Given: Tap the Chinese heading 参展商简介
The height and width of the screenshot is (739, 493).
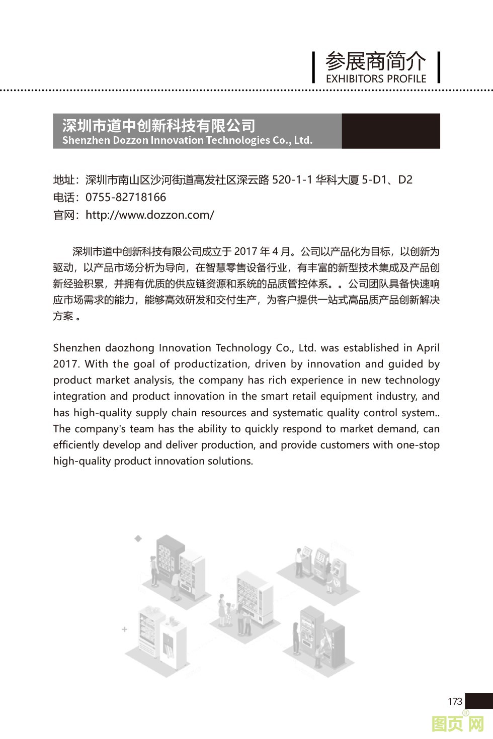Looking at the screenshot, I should pyautogui.click(x=375, y=61).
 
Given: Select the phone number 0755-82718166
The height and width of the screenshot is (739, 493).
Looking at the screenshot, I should pyautogui.click(x=126, y=198).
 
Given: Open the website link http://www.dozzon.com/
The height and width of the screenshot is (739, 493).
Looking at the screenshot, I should pyautogui.click(x=150, y=215).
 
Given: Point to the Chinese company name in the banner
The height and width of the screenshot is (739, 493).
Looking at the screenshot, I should pyautogui.click(x=158, y=125).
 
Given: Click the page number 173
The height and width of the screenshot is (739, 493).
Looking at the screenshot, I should pyautogui.click(x=454, y=701).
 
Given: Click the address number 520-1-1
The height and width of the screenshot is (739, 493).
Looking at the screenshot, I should pyautogui.click(x=292, y=180).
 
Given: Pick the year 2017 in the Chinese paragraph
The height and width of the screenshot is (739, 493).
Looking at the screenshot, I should pyautogui.click(x=245, y=251).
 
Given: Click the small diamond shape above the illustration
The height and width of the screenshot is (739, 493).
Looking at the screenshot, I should pyautogui.click(x=138, y=538).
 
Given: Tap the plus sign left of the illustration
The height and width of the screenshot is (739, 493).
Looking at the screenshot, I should pyautogui.click(x=124, y=629).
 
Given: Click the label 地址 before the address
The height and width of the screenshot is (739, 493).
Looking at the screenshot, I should pyautogui.click(x=64, y=180).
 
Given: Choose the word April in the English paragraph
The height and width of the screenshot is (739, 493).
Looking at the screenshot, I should pyautogui.click(x=428, y=348).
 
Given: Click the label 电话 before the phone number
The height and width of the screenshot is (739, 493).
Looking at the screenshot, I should pyautogui.click(x=64, y=198).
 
